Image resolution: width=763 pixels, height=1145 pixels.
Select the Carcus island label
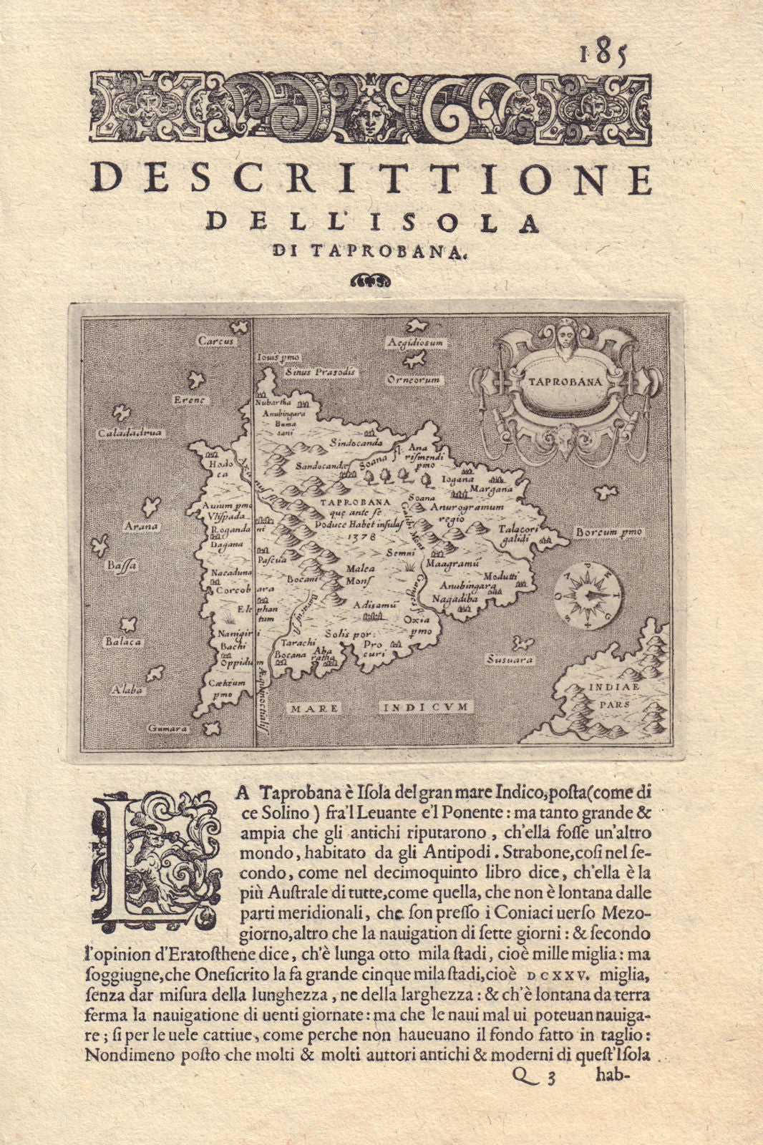[x=216, y=341]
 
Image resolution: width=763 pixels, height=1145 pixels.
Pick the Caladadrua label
[x=131, y=433]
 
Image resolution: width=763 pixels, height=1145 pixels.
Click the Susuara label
[x=510, y=659]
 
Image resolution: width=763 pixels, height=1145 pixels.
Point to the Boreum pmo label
[x=609, y=532]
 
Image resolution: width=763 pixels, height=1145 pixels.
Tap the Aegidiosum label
[x=416, y=343]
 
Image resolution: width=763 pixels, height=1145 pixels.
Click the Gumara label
[x=167, y=729]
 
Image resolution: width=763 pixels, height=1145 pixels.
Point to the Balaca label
[x=123, y=642]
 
